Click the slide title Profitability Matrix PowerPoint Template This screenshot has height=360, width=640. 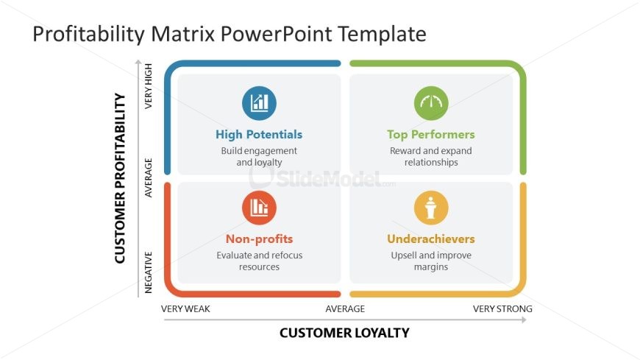coord(229,34)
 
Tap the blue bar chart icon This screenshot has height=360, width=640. coord(259,103)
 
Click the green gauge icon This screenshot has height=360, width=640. coord(431,103)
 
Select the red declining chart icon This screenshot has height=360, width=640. coord(259,208)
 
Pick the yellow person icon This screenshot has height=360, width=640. coord(431,208)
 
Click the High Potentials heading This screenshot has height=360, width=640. coord(259,135)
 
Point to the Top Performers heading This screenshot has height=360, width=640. coord(431,135)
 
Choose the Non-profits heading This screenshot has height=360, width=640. coord(259,239)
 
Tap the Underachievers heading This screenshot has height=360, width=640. coord(431,239)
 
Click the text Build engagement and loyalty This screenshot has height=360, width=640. coord(259,156)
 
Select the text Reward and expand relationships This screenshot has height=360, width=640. coord(431,156)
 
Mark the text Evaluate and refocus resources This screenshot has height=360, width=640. coord(259,261)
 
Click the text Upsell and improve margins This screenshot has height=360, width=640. coord(431,261)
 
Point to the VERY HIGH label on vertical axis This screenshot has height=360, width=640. coord(149,86)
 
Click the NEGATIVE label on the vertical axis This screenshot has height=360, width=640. coord(149,273)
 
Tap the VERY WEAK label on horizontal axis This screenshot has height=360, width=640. coord(185,308)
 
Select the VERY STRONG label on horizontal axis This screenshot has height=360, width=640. coord(502,308)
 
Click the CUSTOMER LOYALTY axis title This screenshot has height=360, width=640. coord(344,333)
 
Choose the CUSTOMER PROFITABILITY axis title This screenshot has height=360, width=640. coord(121,178)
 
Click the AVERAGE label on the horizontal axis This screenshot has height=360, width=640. coord(345,308)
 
